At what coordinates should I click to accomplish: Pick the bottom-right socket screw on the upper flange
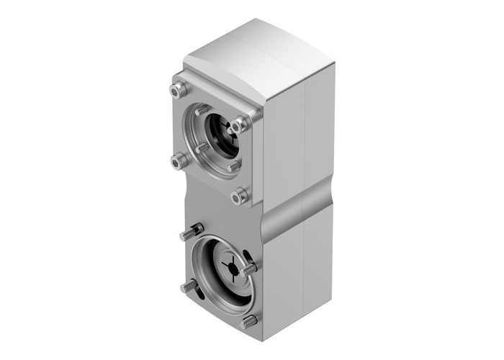(240, 195)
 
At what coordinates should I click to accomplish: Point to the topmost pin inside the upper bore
(202, 109)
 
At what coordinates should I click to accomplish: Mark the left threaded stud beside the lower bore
(188, 287)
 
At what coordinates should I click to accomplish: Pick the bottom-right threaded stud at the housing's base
(248, 321)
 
